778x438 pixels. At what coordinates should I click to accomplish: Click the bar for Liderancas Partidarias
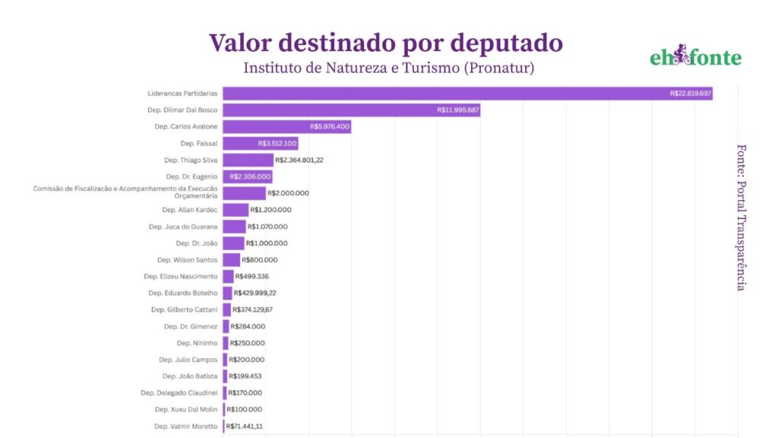[467, 94]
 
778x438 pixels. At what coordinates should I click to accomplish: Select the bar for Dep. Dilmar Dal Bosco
[351, 110]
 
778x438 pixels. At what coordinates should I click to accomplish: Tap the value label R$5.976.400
[330, 126]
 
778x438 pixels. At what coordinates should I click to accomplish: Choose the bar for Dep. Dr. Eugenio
[247, 176]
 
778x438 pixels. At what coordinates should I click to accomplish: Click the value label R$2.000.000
[289, 193]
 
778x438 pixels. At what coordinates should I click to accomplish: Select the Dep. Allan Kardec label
[190, 210]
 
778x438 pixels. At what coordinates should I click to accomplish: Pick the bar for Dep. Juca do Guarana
[234, 227]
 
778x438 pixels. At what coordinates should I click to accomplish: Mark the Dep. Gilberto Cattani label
[185, 309]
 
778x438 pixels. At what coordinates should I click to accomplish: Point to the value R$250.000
[248, 343]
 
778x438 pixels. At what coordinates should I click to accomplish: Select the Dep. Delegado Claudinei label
[179, 393]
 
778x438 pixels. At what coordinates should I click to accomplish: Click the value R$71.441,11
[245, 427]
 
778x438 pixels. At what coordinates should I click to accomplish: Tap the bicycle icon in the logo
[681, 55]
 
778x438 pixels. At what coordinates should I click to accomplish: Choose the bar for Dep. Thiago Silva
[248, 160]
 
